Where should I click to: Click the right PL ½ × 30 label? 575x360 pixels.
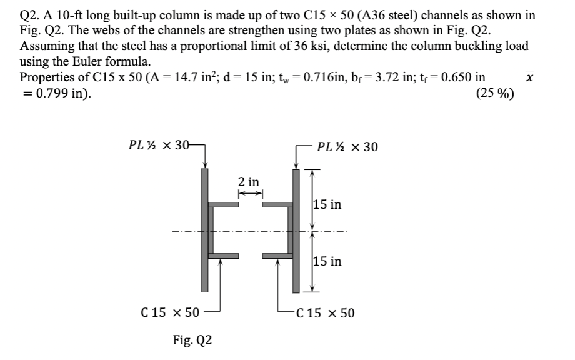click(347, 147)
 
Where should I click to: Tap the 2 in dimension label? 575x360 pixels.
click(249, 182)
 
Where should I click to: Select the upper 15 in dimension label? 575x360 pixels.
click(327, 204)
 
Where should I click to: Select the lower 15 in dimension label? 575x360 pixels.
click(327, 261)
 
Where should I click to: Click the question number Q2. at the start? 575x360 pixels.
click(31, 16)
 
